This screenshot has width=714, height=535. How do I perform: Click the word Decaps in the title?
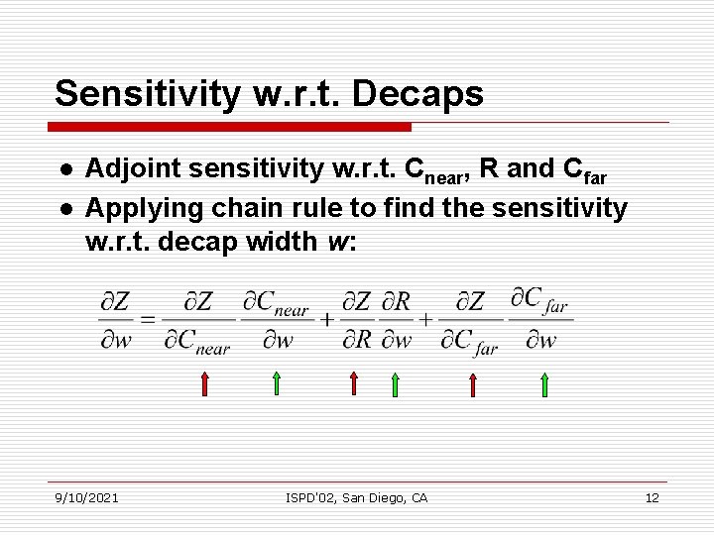click(x=424, y=94)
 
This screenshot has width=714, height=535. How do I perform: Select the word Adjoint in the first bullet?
click(x=124, y=169)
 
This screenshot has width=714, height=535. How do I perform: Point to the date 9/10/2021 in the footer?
click(x=86, y=497)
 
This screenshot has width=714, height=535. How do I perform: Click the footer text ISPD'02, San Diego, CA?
click(x=356, y=497)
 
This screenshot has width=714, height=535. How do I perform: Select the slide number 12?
click(x=652, y=497)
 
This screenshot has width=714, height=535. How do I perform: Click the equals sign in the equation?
click(x=148, y=319)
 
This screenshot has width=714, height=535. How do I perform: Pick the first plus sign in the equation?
click(x=326, y=319)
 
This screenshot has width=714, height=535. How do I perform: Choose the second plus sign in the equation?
click(x=426, y=319)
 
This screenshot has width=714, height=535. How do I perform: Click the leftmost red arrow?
click(x=204, y=383)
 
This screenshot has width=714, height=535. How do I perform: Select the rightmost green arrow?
click(x=544, y=383)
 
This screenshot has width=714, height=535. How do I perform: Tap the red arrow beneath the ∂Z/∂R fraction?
click(x=353, y=383)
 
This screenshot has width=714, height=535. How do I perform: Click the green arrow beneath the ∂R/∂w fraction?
click(x=394, y=383)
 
